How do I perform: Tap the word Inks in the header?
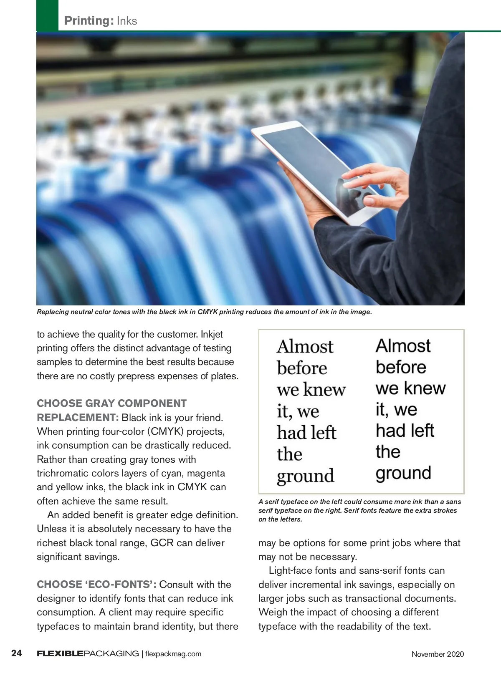127,21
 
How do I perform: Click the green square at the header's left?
47,15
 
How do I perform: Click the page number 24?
17,653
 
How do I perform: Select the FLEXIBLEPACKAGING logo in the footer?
88,654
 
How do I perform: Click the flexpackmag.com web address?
173,654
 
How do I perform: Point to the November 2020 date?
438,654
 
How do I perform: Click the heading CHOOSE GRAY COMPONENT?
111,403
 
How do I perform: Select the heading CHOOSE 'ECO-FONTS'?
96,585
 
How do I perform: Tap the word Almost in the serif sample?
305,347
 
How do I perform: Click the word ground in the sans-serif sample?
403,474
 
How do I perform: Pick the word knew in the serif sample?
324,390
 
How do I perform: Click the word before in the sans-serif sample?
401,367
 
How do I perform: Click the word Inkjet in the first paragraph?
212,335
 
